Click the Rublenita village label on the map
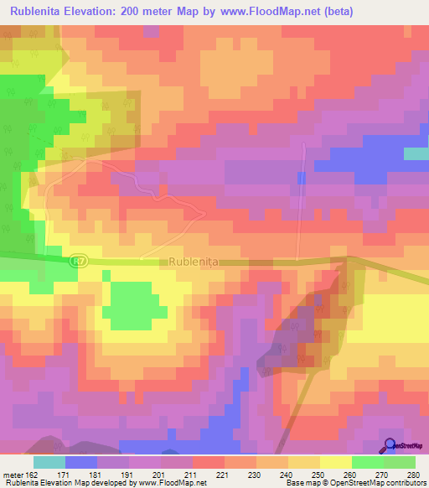tap(194, 262)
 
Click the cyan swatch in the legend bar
tap(49, 462)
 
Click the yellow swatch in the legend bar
tap(335, 462)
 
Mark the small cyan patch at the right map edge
tap(416, 153)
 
